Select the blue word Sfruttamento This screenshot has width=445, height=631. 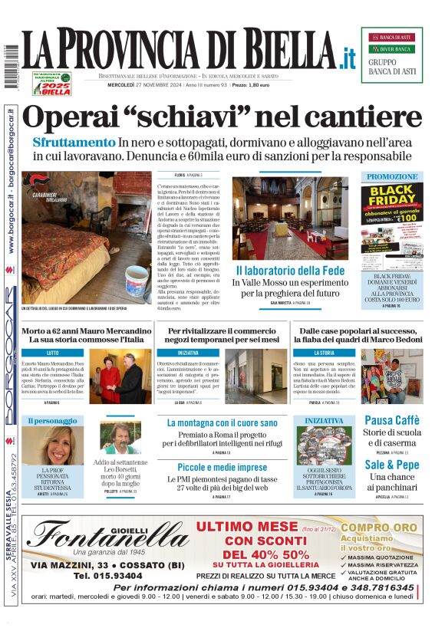coord(74,143)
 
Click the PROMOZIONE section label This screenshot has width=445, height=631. coord(391,176)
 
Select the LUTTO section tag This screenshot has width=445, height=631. coord(54,353)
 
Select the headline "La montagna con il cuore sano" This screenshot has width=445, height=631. coord(222,422)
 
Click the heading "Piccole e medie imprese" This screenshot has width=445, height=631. coord(222,467)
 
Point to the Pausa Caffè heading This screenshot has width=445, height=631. coord(391,419)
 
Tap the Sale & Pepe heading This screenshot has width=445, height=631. coord(391,465)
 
